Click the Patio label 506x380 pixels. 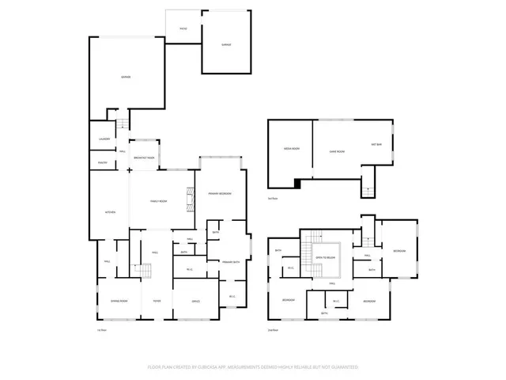pos(183,28)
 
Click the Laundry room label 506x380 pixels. pos(104,139)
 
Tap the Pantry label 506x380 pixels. pos(103,162)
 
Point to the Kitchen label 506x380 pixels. pos(111,212)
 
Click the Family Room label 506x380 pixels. pos(158,202)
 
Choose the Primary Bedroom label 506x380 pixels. pos(219,194)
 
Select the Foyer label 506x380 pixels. pos(157,301)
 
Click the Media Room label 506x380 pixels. pos(290,149)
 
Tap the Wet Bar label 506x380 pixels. pos(377,144)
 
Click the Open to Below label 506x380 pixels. pos(327,258)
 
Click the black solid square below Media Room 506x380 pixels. pos(297,184)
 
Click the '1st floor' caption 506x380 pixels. pos(100,330)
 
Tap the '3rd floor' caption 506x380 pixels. pos(273,198)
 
